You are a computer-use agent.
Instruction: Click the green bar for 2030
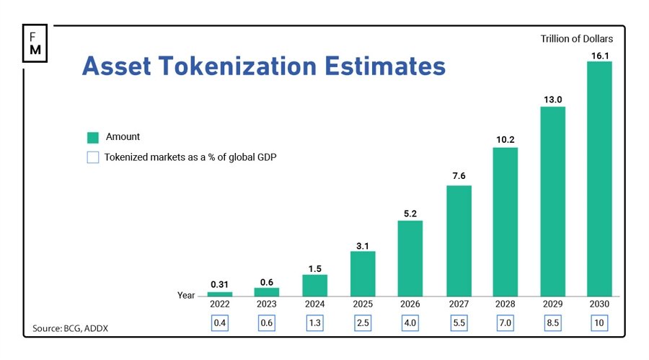pyautogui.click(x=599, y=179)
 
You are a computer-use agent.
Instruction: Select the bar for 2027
pyautogui.click(x=459, y=241)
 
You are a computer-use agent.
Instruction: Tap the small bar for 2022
pyautogui.click(x=220, y=294)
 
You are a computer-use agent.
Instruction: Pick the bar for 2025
pyautogui.click(x=363, y=273)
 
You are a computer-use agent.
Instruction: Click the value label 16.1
pyautogui.click(x=599, y=54)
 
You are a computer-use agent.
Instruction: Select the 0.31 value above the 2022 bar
pyautogui.click(x=220, y=284)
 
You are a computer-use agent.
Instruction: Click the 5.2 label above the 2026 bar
pyautogui.click(x=410, y=213)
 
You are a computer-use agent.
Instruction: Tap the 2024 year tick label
pyautogui.click(x=315, y=304)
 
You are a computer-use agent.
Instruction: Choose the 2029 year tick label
pyautogui.click(x=552, y=304)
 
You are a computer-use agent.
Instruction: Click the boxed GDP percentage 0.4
pyautogui.click(x=220, y=322)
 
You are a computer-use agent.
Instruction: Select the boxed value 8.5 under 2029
pyautogui.click(x=552, y=322)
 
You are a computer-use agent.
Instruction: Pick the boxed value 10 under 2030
pyautogui.click(x=599, y=322)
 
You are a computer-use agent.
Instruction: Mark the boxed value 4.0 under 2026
pyautogui.click(x=410, y=322)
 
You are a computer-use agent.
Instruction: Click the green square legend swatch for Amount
pyautogui.click(x=92, y=137)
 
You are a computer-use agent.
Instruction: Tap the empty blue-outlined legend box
pyautogui.click(x=92, y=157)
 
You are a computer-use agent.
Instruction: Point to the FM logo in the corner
pyautogui.click(x=35, y=43)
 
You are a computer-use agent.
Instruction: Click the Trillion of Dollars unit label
pyautogui.click(x=577, y=39)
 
